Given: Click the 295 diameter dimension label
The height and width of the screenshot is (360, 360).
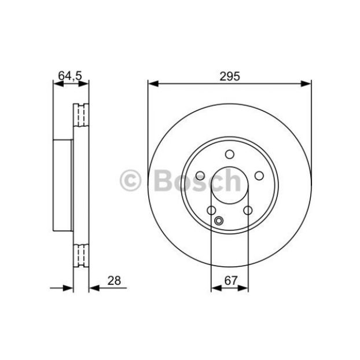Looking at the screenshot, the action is coord(230,76).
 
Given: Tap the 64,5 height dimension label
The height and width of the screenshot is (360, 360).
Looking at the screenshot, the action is coord(70,76).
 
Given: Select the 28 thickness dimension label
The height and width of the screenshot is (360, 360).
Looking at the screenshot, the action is coord(114,281).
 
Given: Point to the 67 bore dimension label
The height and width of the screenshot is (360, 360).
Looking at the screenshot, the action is coord(230,281).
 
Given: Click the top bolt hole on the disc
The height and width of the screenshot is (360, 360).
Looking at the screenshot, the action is coord(230,155).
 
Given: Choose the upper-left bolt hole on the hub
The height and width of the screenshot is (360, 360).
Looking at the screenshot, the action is coord(200,176).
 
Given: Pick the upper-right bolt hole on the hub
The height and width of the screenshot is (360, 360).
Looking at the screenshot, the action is coord(259,176).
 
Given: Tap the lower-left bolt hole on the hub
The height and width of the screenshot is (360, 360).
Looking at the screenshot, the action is coord(211,210).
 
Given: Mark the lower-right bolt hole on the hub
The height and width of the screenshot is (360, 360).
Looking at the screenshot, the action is coord(248,210).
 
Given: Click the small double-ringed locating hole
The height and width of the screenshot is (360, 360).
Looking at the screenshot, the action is coord(219,221).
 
